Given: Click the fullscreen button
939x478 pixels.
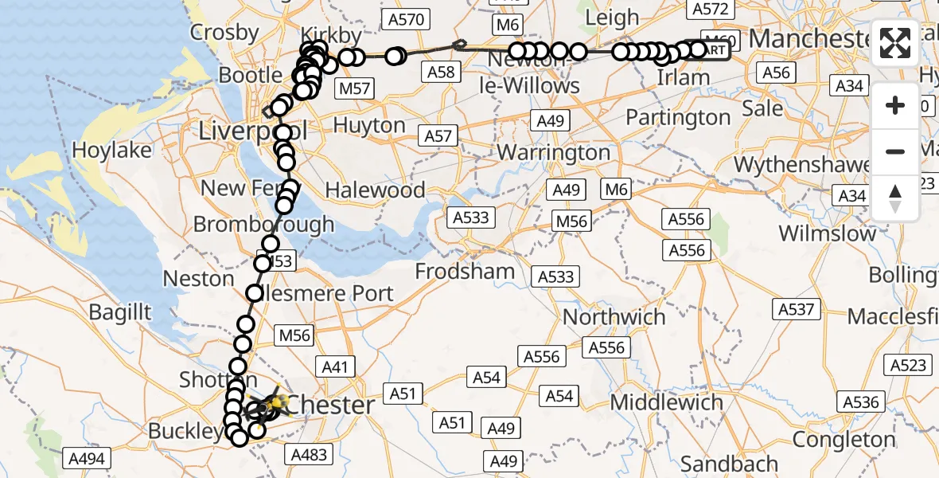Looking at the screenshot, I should coord(895,43).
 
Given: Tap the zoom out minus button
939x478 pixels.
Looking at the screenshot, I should coord(895,151).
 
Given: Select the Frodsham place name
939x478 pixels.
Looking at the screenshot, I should coord(465,272).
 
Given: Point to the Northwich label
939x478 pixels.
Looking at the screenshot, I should coord(614,317).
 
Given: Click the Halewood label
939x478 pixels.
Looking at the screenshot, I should coord(375,190).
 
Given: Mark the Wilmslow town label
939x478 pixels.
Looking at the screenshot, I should coord(827,233).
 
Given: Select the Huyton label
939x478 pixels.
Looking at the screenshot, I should coord(369,125).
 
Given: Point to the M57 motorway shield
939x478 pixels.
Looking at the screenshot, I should coord(353,88).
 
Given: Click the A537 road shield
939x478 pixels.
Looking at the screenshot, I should coord(796,308).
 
